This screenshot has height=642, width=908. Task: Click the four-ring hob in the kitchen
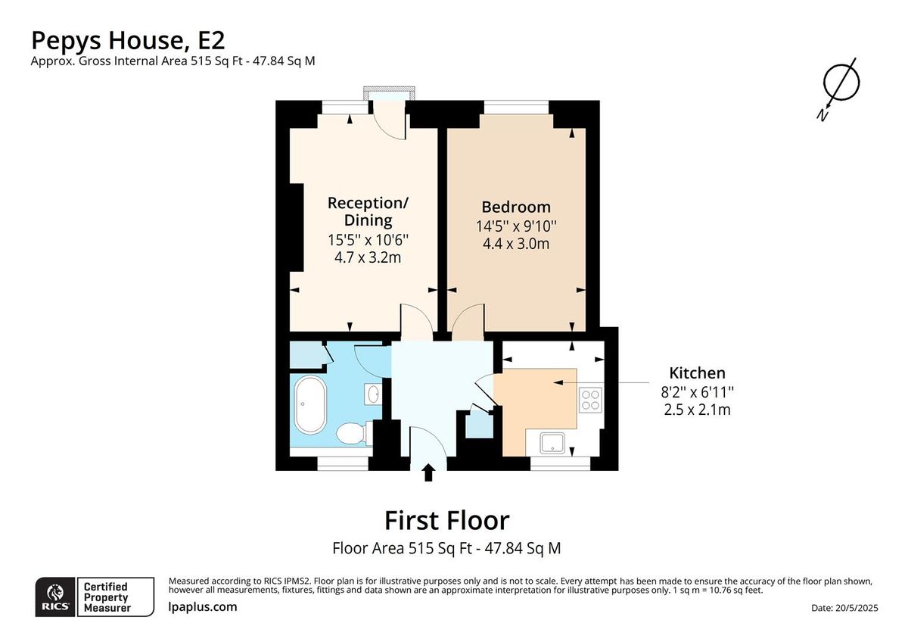pyautogui.click(x=590, y=399)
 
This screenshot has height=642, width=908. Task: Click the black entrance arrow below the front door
pyautogui.click(x=428, y=473)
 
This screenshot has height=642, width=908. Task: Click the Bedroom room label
pyautogui.click(x=516, y=207)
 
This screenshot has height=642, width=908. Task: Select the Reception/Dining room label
pyautogui.click(x=368, y=211)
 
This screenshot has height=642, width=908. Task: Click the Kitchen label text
pyautogui.click(x=697, y=372)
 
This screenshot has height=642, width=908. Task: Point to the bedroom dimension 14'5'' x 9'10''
pyautogui.click(x=516, y=226)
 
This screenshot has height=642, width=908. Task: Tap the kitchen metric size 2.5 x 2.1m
pyautogui.click(x=697, y=410)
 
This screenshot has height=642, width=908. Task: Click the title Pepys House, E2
pyautogui.click(x=127, y=39)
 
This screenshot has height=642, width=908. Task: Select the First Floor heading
pyautogui.click(x=446, y=520)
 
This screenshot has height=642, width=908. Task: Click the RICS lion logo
pyautogui.click(x=55, y=596)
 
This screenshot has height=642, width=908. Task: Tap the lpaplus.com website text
pyautogui.click(x=202, y=606)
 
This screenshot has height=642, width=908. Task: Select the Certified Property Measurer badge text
pyautogui.click(x=106, y=597)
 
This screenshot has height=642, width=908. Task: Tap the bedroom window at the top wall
pyautogui.click(x=516, y=108)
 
